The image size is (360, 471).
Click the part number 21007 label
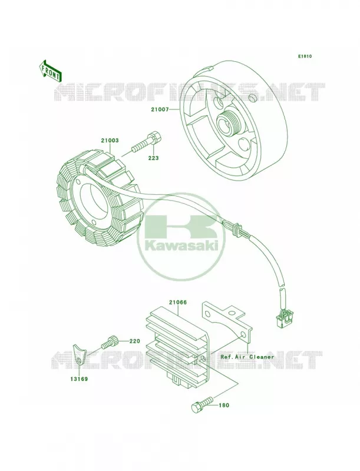160,110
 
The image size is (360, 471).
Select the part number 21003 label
110,140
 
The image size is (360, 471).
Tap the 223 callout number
153,158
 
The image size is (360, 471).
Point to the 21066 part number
177,303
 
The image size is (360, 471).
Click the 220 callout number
135,341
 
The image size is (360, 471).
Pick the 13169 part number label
79,379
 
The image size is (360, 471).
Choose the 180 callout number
223,405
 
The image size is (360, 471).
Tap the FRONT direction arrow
49,71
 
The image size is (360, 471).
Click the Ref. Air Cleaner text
247,357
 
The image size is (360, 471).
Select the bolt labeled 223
146,142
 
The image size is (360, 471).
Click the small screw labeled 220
109,342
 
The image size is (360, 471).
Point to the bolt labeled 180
202,405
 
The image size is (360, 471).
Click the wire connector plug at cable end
282,319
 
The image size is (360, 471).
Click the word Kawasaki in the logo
181,246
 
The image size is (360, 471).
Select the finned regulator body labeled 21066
176,346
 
